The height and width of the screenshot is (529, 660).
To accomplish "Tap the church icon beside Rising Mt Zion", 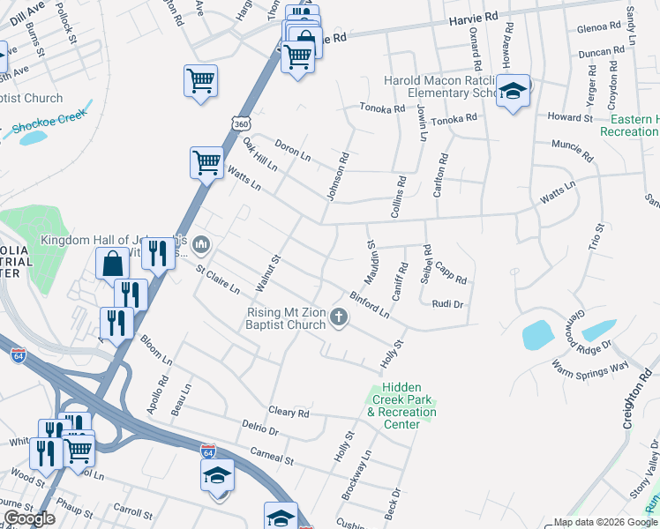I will tap(340, 317).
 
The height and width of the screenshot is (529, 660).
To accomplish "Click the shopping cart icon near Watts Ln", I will tap(206, 162).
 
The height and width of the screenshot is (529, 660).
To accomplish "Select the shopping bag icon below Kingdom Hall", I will tap(113, 263).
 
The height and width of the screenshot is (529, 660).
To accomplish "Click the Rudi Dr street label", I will tap(447, 304).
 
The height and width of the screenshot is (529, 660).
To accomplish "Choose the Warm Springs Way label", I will tap(589, 365).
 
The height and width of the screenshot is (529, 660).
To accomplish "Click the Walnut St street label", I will tap(267, 273).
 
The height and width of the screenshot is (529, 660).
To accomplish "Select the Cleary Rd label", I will tap(289, 412).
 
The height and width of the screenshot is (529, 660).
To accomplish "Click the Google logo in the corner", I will tap(29, 518).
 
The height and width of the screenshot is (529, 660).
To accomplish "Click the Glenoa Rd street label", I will tap(599, 28).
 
